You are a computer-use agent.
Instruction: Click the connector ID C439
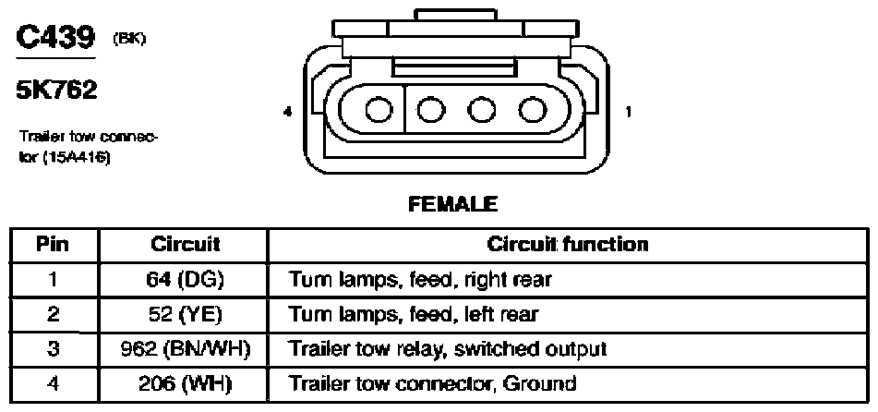pyautogui.click(x=56, y=38)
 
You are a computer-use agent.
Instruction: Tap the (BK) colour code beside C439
pyautogui.click(x=129, y=40)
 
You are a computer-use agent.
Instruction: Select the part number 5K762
pyautogui.click(x=56, y=91)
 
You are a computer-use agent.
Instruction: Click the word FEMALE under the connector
pyautogui.click(x=452, y=204)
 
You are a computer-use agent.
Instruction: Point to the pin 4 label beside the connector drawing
pyautogui.click(x=288, y=112)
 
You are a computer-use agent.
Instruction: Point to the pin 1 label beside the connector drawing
pyautogui.click(x=628, y=112)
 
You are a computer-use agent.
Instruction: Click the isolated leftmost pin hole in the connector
pyautogui.click(x=379, y=110)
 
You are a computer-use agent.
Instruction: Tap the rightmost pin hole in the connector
pyautogui.click(x=533, y=110)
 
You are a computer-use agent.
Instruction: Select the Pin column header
pyautogui.click(x=53, y=245)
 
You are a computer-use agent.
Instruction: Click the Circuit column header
pyautogui.click(x=185, y=245)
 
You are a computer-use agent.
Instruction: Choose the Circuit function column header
pyautogui.click(x=568, y=245)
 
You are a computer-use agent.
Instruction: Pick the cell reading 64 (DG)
pyautogui.click(x=184, y=280)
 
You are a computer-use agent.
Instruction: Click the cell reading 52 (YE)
pyautogui.click(x=186, y=314)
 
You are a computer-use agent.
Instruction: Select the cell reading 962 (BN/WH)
pyautogui.click(x=185, y=349)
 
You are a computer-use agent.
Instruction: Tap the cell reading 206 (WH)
pyautogui.click(x=186, y=384)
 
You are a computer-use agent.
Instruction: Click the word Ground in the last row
pyautogui.click(x=538, y=383)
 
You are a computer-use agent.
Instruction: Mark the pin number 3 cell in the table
pyautogui.click(x=53, y=349)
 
